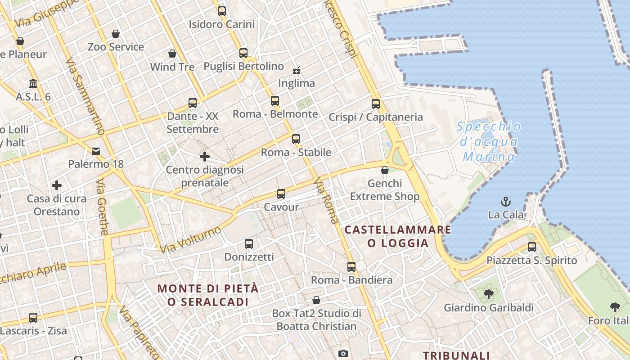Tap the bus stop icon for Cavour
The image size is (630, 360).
point(281,194)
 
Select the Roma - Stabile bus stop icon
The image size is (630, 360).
point(296,139)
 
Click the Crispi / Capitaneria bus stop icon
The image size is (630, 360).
point(376,104)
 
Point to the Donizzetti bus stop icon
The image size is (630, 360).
point(249,244)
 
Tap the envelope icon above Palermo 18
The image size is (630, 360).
point(96,151)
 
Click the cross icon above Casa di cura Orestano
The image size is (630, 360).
point(57,185)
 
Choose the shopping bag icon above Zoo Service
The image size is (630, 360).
point(116,34)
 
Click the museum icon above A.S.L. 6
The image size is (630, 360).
point(33,84)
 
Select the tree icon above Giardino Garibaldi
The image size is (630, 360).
point(488,295)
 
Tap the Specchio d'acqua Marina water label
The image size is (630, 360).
point(489,141)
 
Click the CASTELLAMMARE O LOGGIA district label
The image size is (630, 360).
point(398,236)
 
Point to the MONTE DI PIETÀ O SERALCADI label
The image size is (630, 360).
point(208,295)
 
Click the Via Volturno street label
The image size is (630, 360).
point(191,240)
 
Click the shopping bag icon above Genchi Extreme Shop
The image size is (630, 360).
point(385,170)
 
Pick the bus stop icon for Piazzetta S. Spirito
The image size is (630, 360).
point(532,247)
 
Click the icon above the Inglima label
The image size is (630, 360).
point(297,70)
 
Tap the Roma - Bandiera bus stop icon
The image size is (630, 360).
point(351,267)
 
